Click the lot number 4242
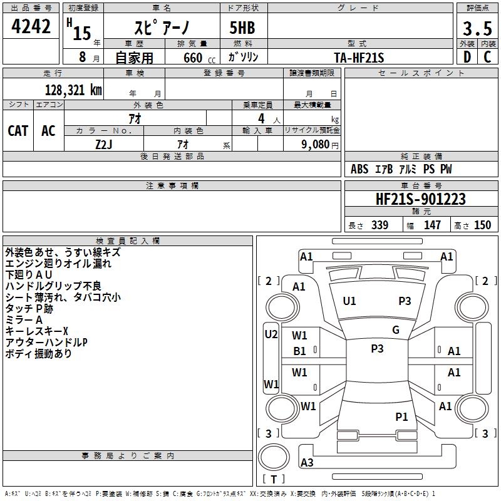point(31,26)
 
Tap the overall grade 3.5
point(477,28)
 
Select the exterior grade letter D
point(467,57)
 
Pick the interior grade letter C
point(487,57)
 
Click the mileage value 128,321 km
point(73,90)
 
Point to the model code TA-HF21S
point(359,58)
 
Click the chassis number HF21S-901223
point(420,199)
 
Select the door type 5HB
point(242,28)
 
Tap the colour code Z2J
point(104,145)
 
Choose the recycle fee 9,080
point(316,145)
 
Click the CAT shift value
point(18,131)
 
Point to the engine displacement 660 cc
point(199,58)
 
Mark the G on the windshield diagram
point(396,330)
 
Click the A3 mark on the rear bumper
point(307,462)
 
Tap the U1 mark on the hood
point(349,301)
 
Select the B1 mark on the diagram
point(299,351)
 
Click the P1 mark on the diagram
point(401,416)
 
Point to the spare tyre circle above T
point(274,457)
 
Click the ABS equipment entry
point(359,169)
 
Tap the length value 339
point(380,225)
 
